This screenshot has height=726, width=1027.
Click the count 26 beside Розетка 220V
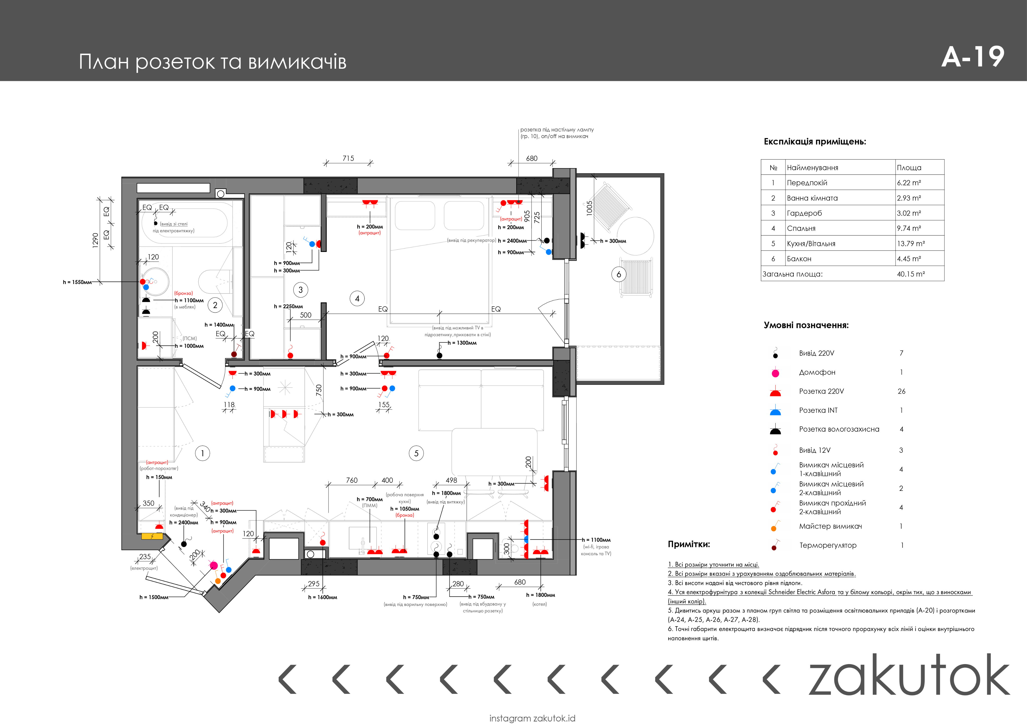click(901, 391)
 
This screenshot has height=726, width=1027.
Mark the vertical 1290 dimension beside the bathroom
click(95, 240)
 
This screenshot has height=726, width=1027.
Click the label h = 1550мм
click(77, 282)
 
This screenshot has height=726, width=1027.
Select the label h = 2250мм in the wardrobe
click(288, 306)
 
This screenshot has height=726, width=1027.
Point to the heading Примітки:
click(689, 544)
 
